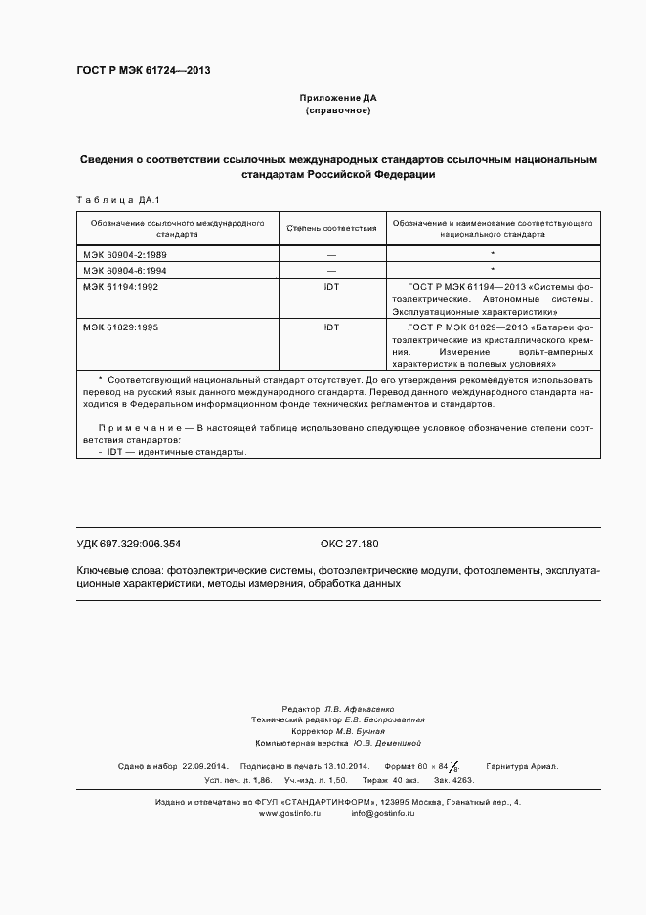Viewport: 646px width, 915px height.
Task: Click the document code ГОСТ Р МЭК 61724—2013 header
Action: point(143,71)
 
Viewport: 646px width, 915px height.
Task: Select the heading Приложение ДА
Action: point(337,99)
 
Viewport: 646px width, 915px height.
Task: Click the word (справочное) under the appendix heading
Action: point(337,111)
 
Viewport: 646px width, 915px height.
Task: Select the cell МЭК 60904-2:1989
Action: point(125,253)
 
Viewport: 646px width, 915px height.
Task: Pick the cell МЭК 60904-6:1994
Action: point(125,269)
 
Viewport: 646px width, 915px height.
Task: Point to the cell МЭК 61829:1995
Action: point(120,327)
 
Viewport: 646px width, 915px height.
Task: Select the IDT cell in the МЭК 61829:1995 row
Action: point(331,327)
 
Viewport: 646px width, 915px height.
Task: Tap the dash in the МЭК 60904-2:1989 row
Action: point(331,253)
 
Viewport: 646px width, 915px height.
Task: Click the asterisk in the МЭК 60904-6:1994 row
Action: point(493,269)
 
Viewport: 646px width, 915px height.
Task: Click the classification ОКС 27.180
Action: point(349,544)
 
